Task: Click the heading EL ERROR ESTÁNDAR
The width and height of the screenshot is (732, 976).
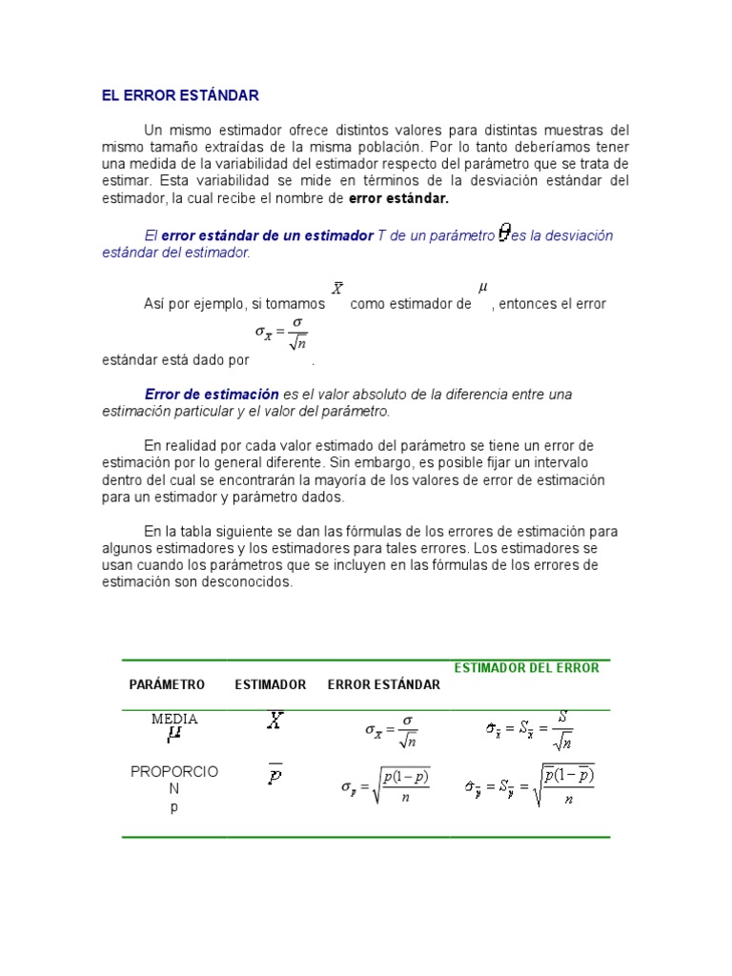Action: tap(180, 96)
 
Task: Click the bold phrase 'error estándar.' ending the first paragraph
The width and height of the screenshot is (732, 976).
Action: tap(398, 198)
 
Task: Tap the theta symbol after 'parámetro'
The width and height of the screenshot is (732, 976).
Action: tap(504, 234)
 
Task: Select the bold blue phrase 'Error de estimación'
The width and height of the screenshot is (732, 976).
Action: tap(212, 394)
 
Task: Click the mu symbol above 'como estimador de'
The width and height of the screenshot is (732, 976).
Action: tap(481, 286)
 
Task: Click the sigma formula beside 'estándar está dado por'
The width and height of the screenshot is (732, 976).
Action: tap(281, 334)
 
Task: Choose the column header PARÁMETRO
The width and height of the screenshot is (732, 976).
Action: tap(167, 684)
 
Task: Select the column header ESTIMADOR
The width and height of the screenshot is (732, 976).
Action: tap(271, 684)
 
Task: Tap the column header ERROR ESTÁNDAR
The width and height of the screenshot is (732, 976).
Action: tap(383, 684)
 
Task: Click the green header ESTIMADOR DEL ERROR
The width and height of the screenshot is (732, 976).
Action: tap(526, 667)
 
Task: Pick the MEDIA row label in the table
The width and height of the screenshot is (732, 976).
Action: tap(174, 720)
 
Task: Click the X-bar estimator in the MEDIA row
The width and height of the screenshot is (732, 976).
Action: tap(274, 722)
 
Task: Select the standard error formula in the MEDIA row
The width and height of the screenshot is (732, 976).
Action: tap(392, 730)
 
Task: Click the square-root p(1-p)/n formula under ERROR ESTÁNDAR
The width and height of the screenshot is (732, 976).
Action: tap(386, 786)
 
